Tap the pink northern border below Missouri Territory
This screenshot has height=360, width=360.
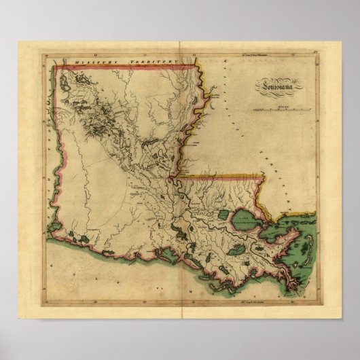pos(122,67)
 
